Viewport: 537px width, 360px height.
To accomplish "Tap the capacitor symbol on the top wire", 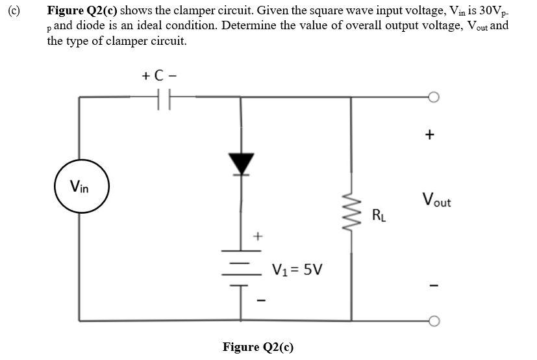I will click(x=163, y=98).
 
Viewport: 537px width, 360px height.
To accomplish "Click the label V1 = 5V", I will click(x=297, y=268).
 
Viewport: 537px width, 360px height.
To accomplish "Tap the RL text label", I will click(x=380, y=215).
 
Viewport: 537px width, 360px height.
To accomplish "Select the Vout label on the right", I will click(x=436, y=200).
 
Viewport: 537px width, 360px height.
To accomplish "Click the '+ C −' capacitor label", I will click(x=159, y=75).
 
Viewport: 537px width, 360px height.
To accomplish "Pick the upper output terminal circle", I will click(x=434, y=97).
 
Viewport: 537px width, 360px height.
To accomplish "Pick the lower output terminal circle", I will click(x=434, y=321).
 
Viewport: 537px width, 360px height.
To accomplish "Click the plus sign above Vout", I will click(x=429, y=135).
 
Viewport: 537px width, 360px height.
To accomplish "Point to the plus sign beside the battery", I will click(x=257, y=235).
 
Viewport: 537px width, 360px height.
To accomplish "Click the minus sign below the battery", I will click(x=260, y=300).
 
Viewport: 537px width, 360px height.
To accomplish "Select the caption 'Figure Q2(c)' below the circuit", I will click(x=258, y=346).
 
